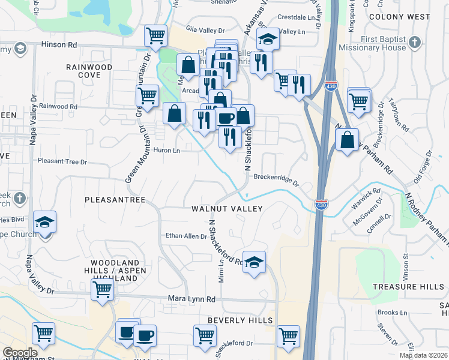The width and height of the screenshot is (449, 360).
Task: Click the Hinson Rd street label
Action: coord(59,44)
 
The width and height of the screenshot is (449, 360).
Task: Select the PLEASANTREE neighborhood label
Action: coord(116,199)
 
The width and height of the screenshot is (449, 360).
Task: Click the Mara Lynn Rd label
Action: coord(195,298)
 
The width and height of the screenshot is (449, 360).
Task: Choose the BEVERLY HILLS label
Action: coord(240,321)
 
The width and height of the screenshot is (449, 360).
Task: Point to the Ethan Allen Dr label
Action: coord(186,236)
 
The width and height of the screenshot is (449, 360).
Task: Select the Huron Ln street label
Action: coord(167,151)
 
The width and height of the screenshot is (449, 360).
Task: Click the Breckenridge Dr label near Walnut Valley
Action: coord(276,177)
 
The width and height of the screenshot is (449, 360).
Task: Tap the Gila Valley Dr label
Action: coord(205,29)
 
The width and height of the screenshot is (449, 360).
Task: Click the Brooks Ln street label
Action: coord(393,313)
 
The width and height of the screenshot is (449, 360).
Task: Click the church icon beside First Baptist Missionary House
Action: coord(414,42)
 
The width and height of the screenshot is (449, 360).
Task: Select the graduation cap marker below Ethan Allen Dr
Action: coord(254,262)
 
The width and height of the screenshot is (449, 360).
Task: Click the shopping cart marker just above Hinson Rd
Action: coord(155,35)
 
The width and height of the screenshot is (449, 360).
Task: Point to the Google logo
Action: coord(20,353)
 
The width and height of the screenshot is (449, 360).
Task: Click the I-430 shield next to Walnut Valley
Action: coord(321,205)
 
